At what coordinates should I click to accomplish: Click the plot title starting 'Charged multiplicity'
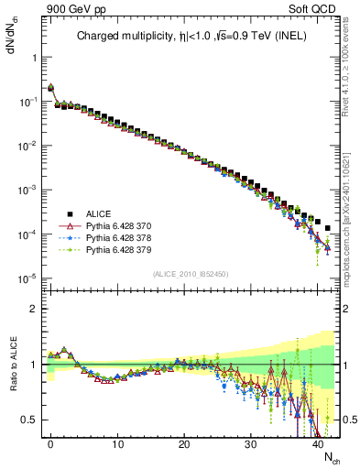[x=192, y=38]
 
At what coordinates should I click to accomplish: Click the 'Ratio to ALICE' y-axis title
[x=12, y=364]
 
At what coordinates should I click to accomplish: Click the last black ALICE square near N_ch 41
[x=328, y=228]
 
